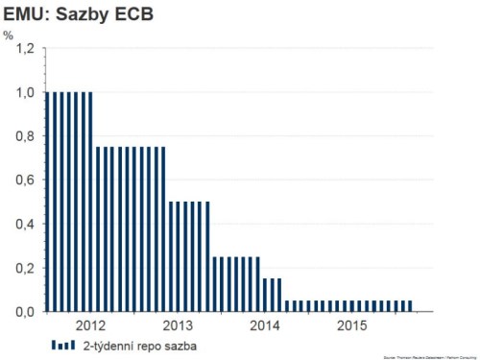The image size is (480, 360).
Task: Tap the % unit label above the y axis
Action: [9, 36]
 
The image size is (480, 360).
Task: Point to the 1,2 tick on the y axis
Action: [24, 49]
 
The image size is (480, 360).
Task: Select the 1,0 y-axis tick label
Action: [24, 93]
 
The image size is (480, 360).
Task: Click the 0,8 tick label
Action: [24, 136]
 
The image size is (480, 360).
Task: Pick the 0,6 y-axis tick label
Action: [24, 180]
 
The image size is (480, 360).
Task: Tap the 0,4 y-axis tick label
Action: [24, 225]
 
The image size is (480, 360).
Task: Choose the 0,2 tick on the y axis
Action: [24, 268]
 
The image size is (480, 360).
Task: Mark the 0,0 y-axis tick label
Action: [24, 312]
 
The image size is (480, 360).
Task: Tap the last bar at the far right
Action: [410, 306]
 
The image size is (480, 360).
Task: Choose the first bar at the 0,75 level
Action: [96, 229]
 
